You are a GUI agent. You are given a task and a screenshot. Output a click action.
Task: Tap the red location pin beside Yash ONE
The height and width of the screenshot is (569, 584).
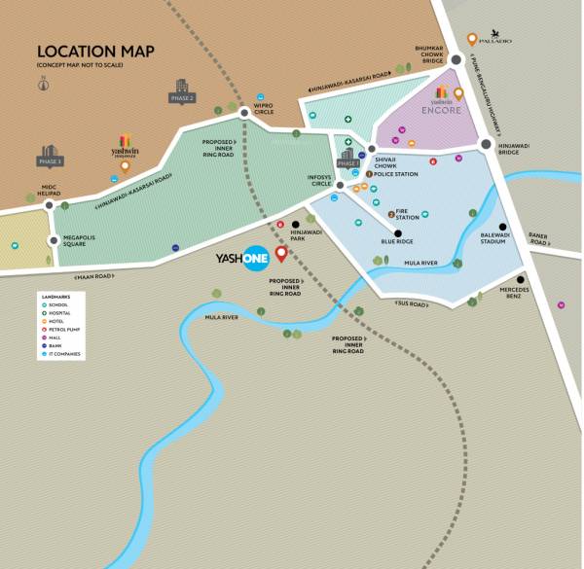(281, 255)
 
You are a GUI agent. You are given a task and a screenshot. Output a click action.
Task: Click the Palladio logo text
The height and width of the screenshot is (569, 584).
(495, 40)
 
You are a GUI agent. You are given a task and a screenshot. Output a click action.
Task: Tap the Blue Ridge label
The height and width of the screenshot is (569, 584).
(397, 241)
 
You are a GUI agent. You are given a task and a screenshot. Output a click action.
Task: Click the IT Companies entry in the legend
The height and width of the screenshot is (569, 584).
(65, 353)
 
